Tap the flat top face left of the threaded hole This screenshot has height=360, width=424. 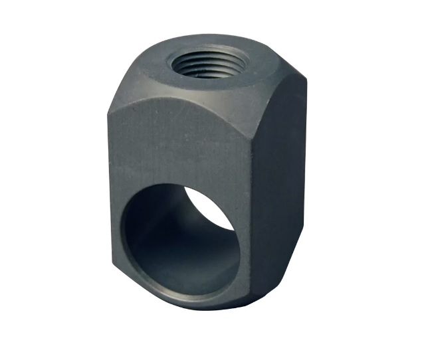[150, 73]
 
